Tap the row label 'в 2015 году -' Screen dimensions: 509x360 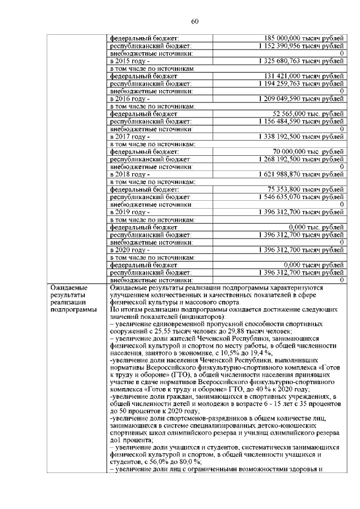pos(129,60)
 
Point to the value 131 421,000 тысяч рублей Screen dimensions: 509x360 pos(304,76)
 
